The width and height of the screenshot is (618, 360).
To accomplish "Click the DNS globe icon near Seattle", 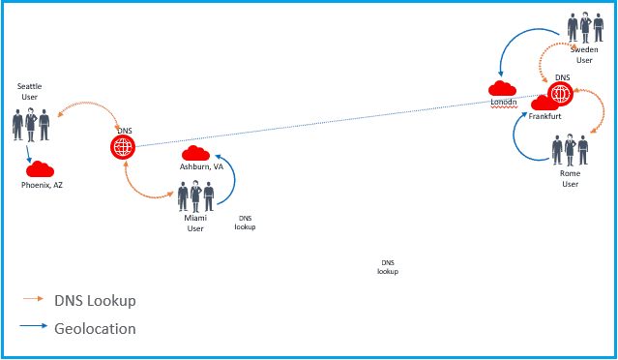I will click(x=123, y=147).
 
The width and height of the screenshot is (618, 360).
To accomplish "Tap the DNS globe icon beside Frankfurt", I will click(x=560, y=94).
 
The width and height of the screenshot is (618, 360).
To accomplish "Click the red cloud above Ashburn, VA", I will click(x=196, y=153).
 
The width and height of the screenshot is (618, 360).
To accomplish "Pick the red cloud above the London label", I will click(x=502, y=89).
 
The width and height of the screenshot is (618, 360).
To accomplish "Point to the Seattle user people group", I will click(x=31, y=123).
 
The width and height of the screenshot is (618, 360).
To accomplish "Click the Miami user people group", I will click(x=195, y=196).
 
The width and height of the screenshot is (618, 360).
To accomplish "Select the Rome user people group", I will click(x=570, y=151).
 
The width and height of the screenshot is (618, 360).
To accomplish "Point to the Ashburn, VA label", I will click(x=201, y=166).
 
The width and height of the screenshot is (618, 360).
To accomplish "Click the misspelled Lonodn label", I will click(x=503, y=102).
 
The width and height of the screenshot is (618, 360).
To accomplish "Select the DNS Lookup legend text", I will click(x=95, y=300).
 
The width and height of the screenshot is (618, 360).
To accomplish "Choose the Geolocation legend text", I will click(x=95, y=328).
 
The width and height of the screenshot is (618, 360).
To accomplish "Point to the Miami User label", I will click(x=195, y=223).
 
